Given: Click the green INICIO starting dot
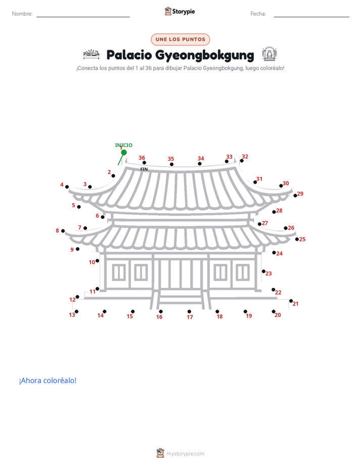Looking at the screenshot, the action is pyautogui.click(x=124, y=152).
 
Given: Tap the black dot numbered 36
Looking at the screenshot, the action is pyautogui.click(x=144, y=163).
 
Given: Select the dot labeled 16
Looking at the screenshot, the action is pyautogui.click(x=161, y=311).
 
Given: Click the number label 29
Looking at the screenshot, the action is pyautogui.click(x=300, y=193).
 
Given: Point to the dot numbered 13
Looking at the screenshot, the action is pyautogui.click(x=76, y=311).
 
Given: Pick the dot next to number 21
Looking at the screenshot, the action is pyautogui.click(x=291, y=301).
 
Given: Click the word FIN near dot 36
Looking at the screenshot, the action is pyautogui.click(x=144, y=169).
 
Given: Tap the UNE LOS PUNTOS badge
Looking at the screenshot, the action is pyautogui.click(x=180, y=40).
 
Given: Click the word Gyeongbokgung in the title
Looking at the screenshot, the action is pyautogui.click(x=205, y=56).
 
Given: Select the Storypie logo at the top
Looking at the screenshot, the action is pyautogui.click(x=179, y=11).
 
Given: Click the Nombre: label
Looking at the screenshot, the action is pyautogui.click(x=22, y=14).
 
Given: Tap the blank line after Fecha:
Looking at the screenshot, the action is pyautogui.click(x=311, y=17).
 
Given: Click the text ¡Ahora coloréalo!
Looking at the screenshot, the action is pyautogui.click(x=48, y=380).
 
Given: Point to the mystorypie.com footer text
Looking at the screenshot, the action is pyautogui.click(x=185, y=454).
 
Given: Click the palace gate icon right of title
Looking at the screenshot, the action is pyautogui.click(x=269, y=54).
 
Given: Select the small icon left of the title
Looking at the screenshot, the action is pyautogui.click(x=91, y=54).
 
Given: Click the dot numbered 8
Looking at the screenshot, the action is pyautogui.click(x=63, y=231).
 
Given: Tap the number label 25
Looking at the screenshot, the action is pyautogui.click(x=302, y=239).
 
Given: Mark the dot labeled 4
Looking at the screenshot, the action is pyautogui.click(x=67, y=187).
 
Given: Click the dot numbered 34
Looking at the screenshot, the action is pyautogui.click(x=200, y=164).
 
